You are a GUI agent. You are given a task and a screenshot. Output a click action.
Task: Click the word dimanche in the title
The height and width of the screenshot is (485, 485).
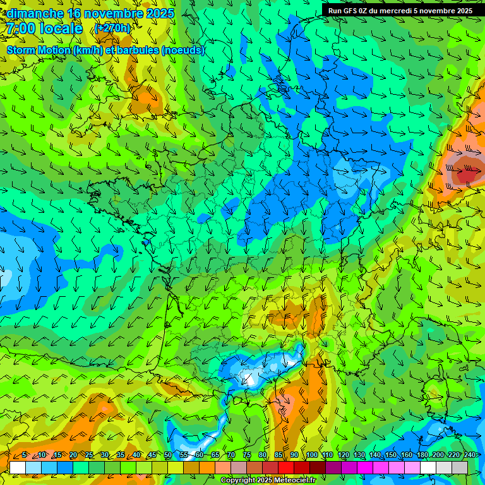(x=35, y=13)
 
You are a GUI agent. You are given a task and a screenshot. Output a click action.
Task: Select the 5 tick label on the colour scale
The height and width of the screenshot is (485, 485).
(x=24, y=455)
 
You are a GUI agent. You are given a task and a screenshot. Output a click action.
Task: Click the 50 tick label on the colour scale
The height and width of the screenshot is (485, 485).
(x=168, y=455)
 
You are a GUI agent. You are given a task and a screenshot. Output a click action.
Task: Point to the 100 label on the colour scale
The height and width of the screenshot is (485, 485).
(x=312, y=455)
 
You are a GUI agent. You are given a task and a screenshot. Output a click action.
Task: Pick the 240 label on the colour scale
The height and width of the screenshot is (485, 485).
(x=469, y=455)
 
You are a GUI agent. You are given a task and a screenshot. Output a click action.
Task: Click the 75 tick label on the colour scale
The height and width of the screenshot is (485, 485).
(x=247, y=455)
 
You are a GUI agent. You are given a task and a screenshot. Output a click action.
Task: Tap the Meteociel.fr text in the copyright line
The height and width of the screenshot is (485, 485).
(x=294, y=481)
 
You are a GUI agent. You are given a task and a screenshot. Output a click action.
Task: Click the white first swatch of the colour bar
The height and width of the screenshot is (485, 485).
(x=18, y=467)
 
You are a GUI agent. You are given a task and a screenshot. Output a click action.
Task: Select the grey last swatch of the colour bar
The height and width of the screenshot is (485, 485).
(x=460, y=467)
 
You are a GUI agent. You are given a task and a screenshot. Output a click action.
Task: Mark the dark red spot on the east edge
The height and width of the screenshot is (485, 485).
(x=466, y=172)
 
